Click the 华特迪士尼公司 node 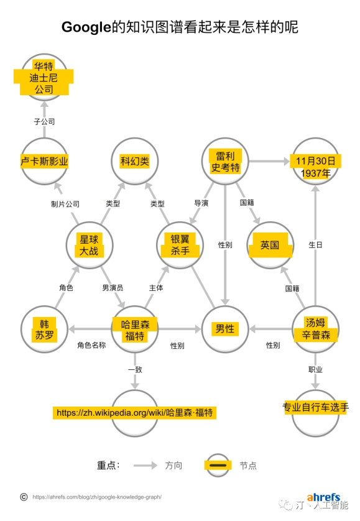(44, 78)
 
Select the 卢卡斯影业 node (44, 162)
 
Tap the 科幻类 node (135, 162)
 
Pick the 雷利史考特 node (225, 162)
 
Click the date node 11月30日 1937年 (315, 162)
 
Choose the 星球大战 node (90, 246)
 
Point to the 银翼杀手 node (180, 246)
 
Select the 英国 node (270, 246)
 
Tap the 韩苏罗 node (44, 330)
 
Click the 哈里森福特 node (135, 330)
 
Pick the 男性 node (225, 330)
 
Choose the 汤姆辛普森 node (315, 330)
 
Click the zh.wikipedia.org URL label (134, 413)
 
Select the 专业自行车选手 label (315, 407)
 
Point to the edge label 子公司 (44, 122)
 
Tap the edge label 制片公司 (65, 204)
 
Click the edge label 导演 (201, 203)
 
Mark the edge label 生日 (315, 245)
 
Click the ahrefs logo (323, 497)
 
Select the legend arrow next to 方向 (145, 466)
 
